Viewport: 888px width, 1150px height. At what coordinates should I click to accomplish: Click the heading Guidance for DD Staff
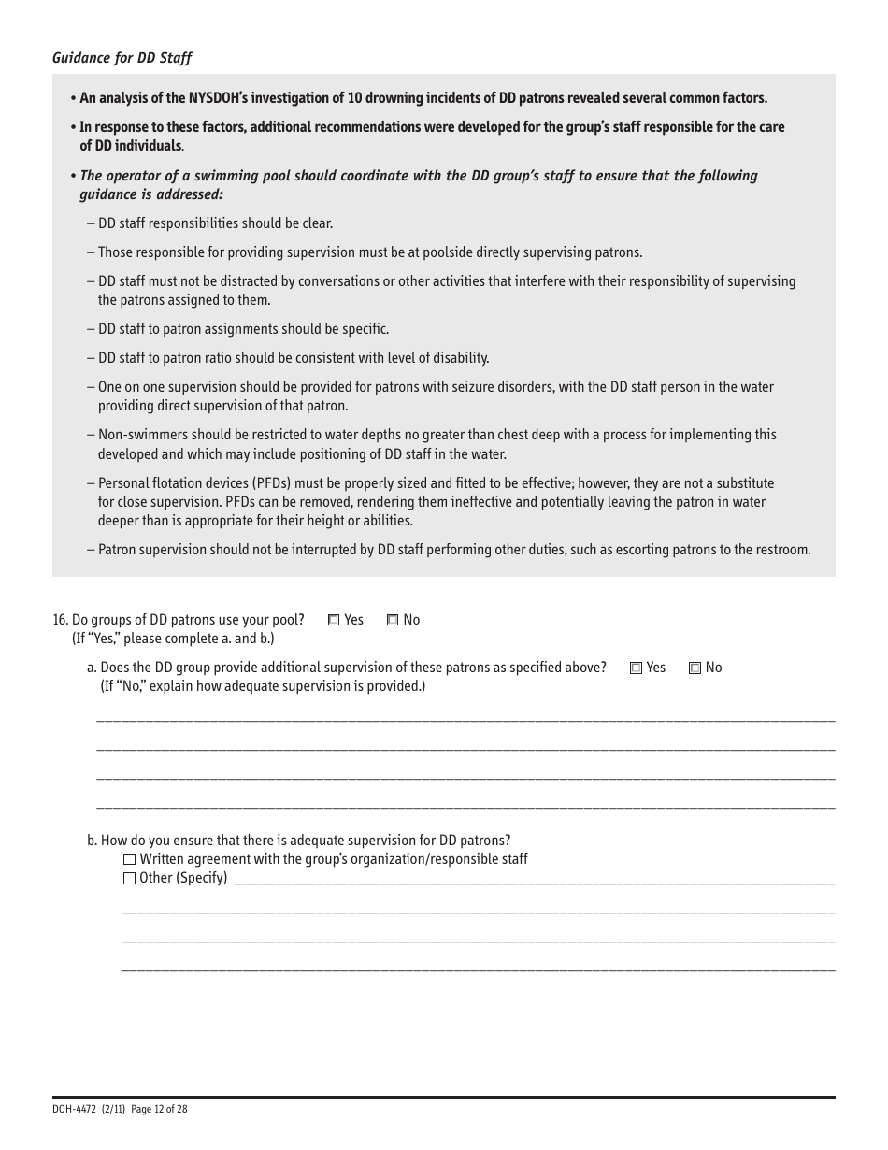coord(122,58)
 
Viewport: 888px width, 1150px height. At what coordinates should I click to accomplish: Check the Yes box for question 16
coord(334,620)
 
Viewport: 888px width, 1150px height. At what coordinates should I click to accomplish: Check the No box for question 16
coord(393,620)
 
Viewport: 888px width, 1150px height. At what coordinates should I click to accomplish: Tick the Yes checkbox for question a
coord(637,668)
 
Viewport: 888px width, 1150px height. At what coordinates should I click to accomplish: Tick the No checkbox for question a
coord(695,668)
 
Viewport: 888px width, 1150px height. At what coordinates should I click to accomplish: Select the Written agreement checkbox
coord(130,859)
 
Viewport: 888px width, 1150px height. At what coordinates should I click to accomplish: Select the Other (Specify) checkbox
coord(130,878)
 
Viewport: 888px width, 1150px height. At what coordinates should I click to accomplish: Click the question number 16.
coord(61,620)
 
